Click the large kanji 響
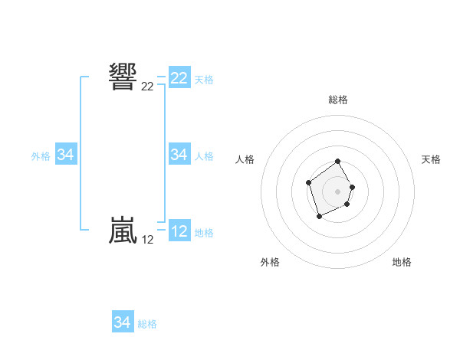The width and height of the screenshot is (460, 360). click(x=123, y=77)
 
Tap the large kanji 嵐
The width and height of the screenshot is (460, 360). click(x=123, y=231)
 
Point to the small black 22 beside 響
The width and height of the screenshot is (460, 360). click(x=147, y=87)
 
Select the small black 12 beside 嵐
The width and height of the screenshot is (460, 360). click(x=147, y=240)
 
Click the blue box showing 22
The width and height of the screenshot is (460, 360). click(x=179, y=78)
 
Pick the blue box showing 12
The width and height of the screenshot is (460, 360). click(x=179, y=231)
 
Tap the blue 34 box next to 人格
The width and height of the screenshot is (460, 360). click(x=179, y=155)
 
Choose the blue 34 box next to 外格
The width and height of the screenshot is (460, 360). click(x=66, y=155)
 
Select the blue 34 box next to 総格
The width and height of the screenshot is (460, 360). click(x=123, y=322)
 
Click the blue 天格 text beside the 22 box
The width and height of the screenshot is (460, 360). click(x=204, y=79)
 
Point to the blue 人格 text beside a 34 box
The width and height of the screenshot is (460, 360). click(x=204, y=155)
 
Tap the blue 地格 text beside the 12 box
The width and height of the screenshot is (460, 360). click(x=204, y=232)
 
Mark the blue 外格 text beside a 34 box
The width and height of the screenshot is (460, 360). click(x=41, y=155)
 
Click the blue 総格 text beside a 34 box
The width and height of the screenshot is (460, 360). click(x=147, y=323)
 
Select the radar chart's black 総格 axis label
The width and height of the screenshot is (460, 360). click(x=338, y=100)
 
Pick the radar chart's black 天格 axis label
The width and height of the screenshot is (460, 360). click(x=432, y=159)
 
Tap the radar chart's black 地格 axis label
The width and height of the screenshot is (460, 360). click(x=402, y=262)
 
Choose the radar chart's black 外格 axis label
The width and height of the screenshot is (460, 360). click(x=270, y=262)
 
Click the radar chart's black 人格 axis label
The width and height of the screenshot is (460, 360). click(x=245, y=159)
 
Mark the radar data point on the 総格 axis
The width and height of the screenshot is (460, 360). click(x=338, y=162)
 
